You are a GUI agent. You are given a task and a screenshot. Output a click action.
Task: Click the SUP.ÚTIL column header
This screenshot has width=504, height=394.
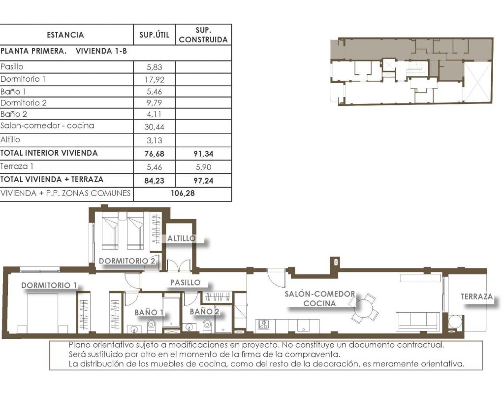(154, 35)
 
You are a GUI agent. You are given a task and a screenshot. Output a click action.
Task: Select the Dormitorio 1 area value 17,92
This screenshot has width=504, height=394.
(154, 79)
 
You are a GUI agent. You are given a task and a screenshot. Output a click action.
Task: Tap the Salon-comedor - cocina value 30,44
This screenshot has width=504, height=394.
(154, 127)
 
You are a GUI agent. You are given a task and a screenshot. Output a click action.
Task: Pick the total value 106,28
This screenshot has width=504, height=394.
(183, 193)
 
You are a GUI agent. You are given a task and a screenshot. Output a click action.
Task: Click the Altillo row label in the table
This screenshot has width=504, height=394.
(10, 139)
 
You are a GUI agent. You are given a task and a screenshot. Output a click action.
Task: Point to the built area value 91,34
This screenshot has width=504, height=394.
(203, 154)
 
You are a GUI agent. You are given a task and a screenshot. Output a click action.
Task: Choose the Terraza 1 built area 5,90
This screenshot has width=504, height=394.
(203, 167)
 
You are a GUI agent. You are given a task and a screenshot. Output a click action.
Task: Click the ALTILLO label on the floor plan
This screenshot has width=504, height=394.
(182, 238)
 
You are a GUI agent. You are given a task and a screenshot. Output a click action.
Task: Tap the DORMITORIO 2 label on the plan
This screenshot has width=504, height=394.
(127, 261)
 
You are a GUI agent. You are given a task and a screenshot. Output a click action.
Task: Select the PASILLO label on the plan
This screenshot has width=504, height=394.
(186, 282)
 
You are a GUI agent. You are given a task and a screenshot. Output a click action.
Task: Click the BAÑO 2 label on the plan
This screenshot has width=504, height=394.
(204, 311)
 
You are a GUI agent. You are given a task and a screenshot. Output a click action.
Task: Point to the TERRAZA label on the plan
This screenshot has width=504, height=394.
(476, 296)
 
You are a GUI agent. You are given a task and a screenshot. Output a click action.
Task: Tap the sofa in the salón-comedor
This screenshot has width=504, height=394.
(418, 321)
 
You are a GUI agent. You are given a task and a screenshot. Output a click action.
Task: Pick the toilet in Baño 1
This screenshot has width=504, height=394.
(152, 326)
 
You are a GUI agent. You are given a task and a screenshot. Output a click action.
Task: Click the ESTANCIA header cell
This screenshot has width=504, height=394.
(65, 35)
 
